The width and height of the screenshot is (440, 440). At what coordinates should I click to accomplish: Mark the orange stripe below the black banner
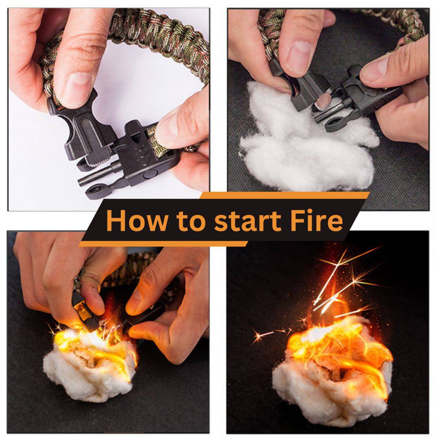pyautogui.click(x=163, y=243)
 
